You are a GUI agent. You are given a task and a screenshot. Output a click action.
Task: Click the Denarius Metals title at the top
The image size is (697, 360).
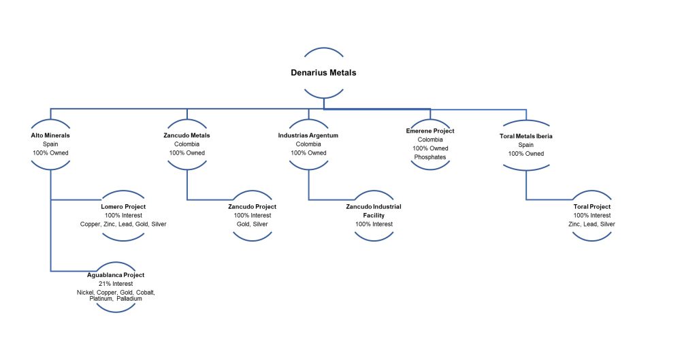(x=323, y=73)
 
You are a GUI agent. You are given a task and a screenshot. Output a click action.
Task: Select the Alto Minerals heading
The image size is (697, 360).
(x=50, y=135)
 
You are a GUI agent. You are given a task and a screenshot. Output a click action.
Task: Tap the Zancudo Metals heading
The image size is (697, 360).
(x=187, y=135)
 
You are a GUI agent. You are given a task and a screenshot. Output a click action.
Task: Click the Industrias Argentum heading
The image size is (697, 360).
(x=308, y=135)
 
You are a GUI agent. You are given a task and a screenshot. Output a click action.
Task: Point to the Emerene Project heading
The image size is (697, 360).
(x=429, y=131)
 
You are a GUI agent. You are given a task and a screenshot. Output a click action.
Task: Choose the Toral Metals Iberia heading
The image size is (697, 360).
(x=525, y=136)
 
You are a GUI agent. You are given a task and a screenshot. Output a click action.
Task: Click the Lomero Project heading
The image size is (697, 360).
(x=123, y=206)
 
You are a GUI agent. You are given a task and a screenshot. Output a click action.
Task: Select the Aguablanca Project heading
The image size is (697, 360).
(x=116, y=275)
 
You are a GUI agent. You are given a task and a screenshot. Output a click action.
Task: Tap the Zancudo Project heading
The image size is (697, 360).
(x=252, y=206)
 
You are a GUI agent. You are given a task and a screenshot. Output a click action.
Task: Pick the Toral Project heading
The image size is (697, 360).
(x=591, y=206)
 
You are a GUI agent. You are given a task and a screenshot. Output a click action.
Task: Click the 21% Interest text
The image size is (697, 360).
(x=116, y=284)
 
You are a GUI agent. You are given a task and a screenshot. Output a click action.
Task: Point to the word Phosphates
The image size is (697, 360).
(x=429, y=157)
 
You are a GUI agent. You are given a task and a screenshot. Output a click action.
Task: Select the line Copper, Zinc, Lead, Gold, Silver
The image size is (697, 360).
(x=123, y=224)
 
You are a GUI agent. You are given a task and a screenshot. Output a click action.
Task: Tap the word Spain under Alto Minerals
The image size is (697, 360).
(x=50, y=144)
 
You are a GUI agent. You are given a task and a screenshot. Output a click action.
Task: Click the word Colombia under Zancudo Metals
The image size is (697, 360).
(x=187, y=144)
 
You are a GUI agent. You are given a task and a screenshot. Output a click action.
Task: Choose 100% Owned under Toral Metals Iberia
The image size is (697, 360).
(x=525, y=154)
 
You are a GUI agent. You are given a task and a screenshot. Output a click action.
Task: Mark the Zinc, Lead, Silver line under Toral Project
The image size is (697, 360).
(x=591, y=224)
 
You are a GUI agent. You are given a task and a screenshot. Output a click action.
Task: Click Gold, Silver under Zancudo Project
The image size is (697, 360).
(x=252, y=224)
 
